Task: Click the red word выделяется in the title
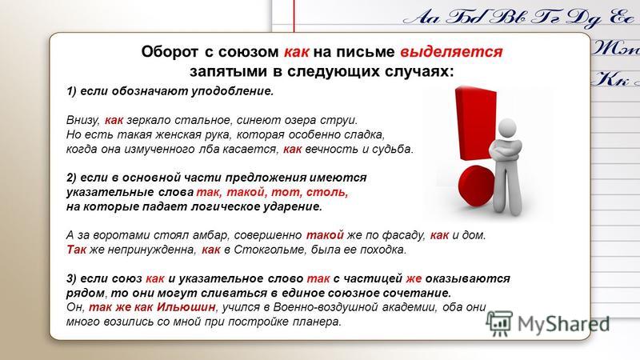click(x=451, y=52)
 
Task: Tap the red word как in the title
click(x=296, y=52)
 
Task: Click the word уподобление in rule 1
click(x=231, y=91)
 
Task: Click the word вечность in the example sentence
click(x=331, y=149)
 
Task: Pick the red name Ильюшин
click(x=186, y=307)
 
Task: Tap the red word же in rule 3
click(x=414, y=278)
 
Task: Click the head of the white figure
click(x=507, y=130)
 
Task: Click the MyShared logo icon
click(x=498, y=323)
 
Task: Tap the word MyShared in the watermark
click(x=564, y=324)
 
